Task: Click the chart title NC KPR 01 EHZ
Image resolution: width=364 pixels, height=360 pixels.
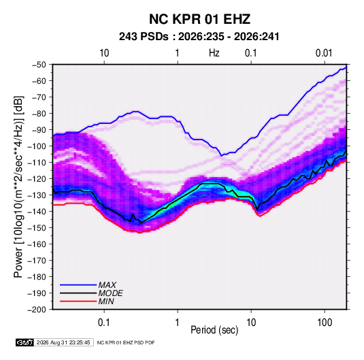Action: [x=199, y=19]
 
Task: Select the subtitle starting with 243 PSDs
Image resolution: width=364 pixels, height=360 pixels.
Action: [x=199, y=37]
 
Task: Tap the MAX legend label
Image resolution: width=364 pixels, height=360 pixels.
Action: [x=107, y=284]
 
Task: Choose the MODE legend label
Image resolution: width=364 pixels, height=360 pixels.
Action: [x=110, y=293]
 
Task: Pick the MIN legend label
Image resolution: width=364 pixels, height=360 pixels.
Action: [x=106, y=301]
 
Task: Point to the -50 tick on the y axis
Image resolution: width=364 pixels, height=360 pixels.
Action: [x=39, y=65]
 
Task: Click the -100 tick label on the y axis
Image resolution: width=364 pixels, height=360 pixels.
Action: [x=37, y=146]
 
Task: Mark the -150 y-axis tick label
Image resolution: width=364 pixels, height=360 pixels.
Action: [x=37, y=227]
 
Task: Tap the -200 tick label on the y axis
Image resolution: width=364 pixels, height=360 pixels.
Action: [x=37, y=310]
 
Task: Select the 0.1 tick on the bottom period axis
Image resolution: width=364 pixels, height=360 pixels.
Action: [x=104, y=322]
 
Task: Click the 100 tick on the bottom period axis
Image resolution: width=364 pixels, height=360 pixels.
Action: [x=325, y=322]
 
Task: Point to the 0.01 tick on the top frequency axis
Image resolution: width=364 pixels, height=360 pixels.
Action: [x=324, y=53]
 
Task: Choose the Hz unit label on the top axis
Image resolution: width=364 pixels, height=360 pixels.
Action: [x=214, y=53]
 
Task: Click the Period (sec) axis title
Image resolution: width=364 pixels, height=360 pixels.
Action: [x=214, y=330]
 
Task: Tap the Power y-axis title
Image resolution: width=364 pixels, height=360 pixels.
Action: [x=18, y=187]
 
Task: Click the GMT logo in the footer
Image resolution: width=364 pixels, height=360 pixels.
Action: [x=24, y=342]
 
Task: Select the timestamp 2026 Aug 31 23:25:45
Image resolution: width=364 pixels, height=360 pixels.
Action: [x=63, y=342]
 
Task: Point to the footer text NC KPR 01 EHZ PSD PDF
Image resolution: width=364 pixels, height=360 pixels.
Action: [x=126, y=342]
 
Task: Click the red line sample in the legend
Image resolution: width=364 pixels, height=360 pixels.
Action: [x=78, y=301]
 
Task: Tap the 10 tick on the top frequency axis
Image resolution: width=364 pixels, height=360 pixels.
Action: [x=104, y=53]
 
